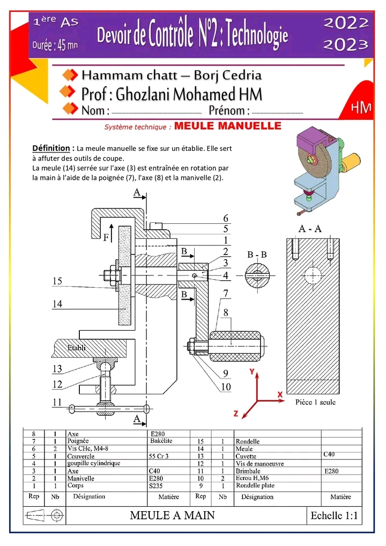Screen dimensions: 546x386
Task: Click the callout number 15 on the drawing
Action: [x=58, y=281]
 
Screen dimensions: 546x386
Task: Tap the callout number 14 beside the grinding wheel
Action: [x=57, y=304]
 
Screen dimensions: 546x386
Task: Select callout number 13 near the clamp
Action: [x=57, y=369]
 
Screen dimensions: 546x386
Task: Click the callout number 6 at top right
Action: [x=226, y=218]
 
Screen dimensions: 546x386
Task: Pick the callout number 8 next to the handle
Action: [x=226, y=312]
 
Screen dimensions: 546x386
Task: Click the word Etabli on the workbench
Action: [x=77, y=348]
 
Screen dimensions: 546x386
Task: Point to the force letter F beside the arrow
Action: [x=106, y=237]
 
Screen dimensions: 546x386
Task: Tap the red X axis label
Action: [x=280, y=394]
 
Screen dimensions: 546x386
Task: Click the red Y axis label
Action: [x=251, y=372]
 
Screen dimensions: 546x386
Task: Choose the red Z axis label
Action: [x=235, y=413]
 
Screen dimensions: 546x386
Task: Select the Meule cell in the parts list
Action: [x=244, y=448]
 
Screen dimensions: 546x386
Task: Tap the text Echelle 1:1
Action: [x=333, y=515]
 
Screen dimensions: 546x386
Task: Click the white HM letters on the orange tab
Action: [x=361, y=107]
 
